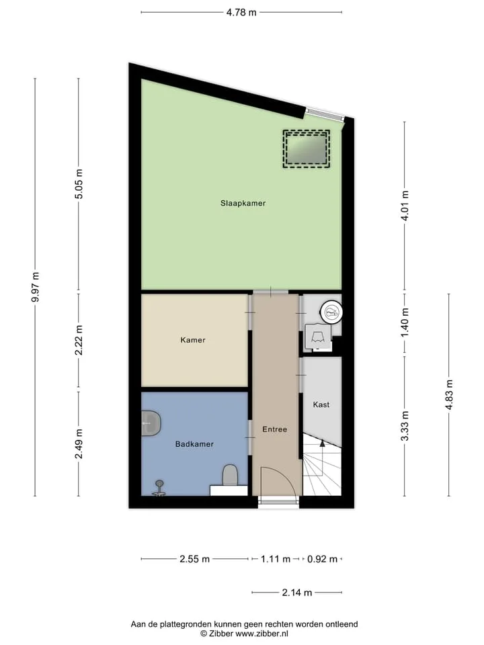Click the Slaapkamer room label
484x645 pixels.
[x=243, y=203]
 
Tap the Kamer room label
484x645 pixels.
[x=193, y=340]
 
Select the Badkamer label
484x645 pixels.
[x=194, y=444]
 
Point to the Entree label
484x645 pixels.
[x=274, y=429]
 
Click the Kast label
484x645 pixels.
[x=321, y=404]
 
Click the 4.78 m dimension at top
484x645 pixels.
[x=241, y=12]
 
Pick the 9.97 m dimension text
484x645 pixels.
[x=36, y=287]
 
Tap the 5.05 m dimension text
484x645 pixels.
[x=79, y=184]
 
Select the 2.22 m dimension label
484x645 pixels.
[x=79, y=340]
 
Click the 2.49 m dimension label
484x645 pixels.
[x=79, y=443]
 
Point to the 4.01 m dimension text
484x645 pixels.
[x=405, y=206]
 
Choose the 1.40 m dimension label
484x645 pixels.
[x=405, y=322]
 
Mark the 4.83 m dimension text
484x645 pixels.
[x=449, y=394]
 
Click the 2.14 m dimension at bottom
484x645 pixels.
[x=296, y=593]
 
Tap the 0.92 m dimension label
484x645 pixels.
[x=322, y=559]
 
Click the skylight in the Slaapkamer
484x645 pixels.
[x=307, y=149]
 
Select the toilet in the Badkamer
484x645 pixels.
[x=230, y=475]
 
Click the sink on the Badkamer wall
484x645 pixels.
[x=151, y=423]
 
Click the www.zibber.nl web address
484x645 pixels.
[x=261, y=634]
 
